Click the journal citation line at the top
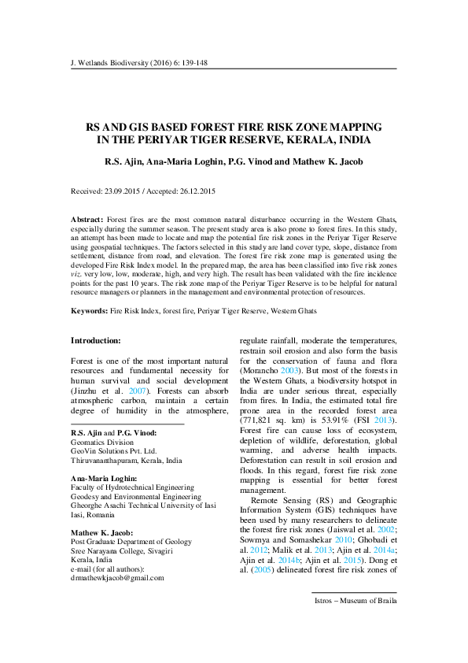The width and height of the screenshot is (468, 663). point(139,63)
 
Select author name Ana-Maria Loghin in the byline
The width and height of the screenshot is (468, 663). point(185,162)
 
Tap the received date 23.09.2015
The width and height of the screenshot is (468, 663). point(122,191)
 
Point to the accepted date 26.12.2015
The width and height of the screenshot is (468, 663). point(197,191)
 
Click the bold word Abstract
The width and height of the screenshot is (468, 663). point(87,220)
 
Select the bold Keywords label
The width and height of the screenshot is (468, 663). point(89,311)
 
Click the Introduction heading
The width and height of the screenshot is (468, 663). point(96,340)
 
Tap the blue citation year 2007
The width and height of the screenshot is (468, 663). point(138,391)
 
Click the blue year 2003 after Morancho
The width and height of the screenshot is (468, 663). point(289,371)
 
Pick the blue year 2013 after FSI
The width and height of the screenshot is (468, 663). point(383,420)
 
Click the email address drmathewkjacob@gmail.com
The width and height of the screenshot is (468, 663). point(117,578)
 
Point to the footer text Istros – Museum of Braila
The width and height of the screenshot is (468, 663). point(356,601)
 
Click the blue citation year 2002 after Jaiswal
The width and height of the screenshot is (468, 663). point(386,530)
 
